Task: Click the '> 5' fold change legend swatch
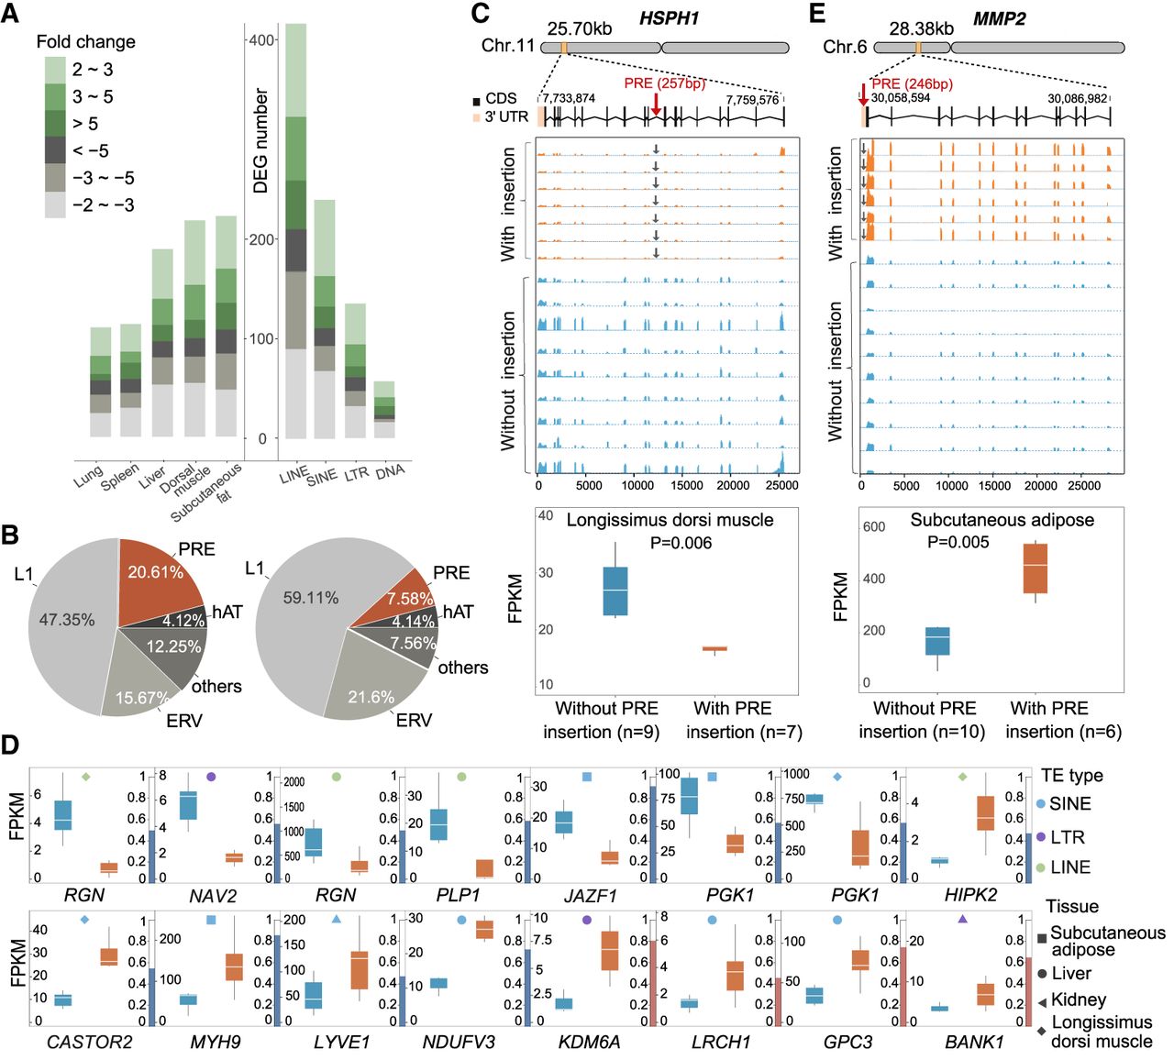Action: [55, 124]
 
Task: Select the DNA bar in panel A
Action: [384, 410]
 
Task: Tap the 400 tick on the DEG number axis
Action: [261, 40]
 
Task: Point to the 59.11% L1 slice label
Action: [311, 598]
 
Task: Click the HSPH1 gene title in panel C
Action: [669, 18]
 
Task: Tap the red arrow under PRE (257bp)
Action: [656, 105]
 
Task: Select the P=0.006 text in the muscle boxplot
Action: [681, 543]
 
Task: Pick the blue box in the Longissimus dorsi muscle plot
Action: [615, 591]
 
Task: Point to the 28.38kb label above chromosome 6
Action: [921, 28]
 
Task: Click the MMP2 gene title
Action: [1000, 18]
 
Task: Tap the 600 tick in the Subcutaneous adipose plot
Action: [874, 526]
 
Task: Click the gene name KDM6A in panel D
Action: [589, 1042]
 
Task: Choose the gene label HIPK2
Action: [970, 895]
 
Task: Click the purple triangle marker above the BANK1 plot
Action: [962, 920]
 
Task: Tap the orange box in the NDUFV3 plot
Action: [484, 930]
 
